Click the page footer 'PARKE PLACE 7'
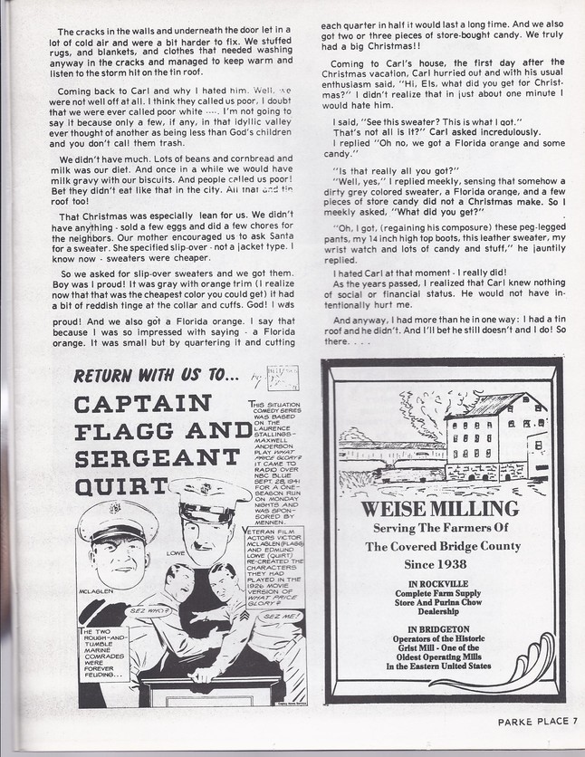pos(535,722)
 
